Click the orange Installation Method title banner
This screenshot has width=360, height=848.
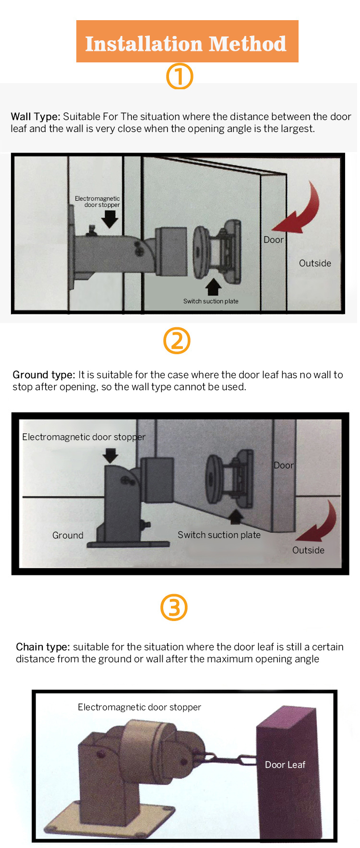(187, 41)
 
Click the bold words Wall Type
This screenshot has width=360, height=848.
(36, 117)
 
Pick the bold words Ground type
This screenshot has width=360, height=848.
(44, 375)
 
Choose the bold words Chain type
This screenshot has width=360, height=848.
(43, 647)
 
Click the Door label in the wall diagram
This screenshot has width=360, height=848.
(274, 240)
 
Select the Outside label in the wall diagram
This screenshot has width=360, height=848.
(315, 263)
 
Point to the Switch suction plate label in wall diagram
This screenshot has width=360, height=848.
(211, 301)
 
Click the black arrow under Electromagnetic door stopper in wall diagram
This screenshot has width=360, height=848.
(110, 219)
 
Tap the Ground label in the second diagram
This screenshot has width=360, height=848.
(68, 535)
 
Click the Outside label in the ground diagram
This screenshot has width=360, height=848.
(308, 550)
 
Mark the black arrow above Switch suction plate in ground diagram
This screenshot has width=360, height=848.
(236, 516)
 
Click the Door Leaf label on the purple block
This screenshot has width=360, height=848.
(285, 764)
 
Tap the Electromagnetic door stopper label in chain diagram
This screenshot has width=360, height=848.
(139, 707)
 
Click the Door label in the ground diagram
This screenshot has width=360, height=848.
(284, 465)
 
